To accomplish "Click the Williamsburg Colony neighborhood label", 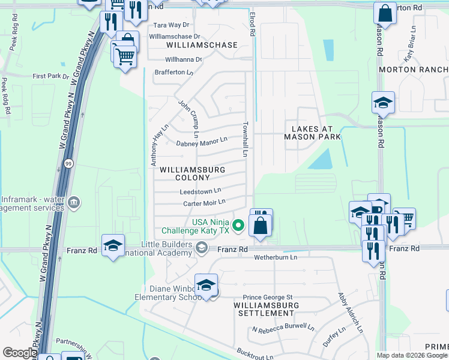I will (192, 173).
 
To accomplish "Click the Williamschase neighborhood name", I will (202, 45).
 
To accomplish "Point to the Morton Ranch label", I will (414, 70).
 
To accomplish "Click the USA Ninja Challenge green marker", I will (238, 226).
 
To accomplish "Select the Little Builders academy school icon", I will (202, 248).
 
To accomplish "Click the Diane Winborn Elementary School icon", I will (206, 286).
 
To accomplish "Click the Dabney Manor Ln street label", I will (202, 142).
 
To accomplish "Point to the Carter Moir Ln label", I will (204, 203).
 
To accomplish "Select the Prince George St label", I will (267, 297).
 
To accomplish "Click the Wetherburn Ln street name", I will (276, 257).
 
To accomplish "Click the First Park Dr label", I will (51, 76).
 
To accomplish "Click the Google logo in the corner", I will (19, 353).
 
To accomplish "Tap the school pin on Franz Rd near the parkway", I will (112, 245).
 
